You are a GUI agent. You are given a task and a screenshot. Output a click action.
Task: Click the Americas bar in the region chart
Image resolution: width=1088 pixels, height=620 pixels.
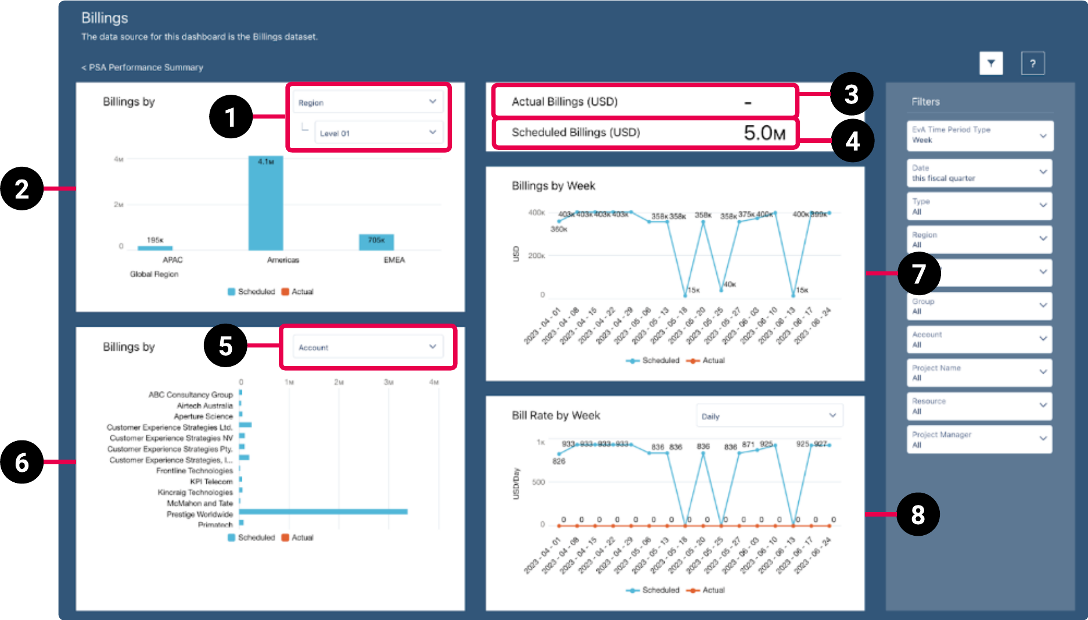[x=265, y=203]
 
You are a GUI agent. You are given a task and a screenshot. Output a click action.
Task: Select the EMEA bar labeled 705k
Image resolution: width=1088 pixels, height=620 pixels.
[x=376, y=242]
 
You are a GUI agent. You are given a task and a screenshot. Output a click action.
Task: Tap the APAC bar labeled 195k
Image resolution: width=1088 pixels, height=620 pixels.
[x=155, y=248]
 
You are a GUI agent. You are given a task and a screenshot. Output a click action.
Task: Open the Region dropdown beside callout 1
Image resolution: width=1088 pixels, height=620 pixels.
[x=367, y=102]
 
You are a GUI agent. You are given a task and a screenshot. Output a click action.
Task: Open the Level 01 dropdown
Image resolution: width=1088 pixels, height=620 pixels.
[x=378, y=132]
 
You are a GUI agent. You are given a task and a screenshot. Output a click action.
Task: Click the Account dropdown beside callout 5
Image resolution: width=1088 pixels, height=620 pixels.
[x=367, y=347]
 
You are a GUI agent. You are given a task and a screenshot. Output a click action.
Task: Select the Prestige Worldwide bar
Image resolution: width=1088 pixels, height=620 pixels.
[x=323, y=512]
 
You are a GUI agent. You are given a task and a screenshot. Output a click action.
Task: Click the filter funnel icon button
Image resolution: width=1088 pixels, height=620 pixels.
[x=991, y=63]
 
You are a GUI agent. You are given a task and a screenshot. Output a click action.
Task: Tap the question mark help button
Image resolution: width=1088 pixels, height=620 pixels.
[x=1032, y=63]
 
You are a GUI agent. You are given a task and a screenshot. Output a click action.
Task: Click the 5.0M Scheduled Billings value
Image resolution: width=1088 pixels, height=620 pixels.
[x=764, y=133]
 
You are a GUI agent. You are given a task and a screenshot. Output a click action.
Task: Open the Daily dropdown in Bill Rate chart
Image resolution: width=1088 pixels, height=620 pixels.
[x=769, y=416]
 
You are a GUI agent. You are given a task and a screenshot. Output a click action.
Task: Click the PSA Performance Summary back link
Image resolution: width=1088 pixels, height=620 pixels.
[x=142, y=67]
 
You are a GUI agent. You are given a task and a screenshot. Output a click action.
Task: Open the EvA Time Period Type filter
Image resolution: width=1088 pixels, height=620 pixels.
[x=979, y=135]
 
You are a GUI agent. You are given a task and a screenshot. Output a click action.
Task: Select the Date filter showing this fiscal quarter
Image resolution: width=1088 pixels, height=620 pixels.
[x=979, y=173]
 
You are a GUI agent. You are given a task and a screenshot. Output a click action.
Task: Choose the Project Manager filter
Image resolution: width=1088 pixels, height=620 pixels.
[x=979, y=439]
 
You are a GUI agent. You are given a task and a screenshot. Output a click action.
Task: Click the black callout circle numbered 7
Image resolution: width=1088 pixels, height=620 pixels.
[x=918, y=274]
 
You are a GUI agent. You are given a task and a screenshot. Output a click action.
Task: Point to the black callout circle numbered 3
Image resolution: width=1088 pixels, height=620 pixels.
[x=851, y=94]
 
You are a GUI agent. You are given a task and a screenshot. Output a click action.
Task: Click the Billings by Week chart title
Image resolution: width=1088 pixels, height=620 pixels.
[x=553, y=186]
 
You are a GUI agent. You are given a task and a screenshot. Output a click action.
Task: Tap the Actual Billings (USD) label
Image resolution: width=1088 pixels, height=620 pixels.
[x=564, y=102]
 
